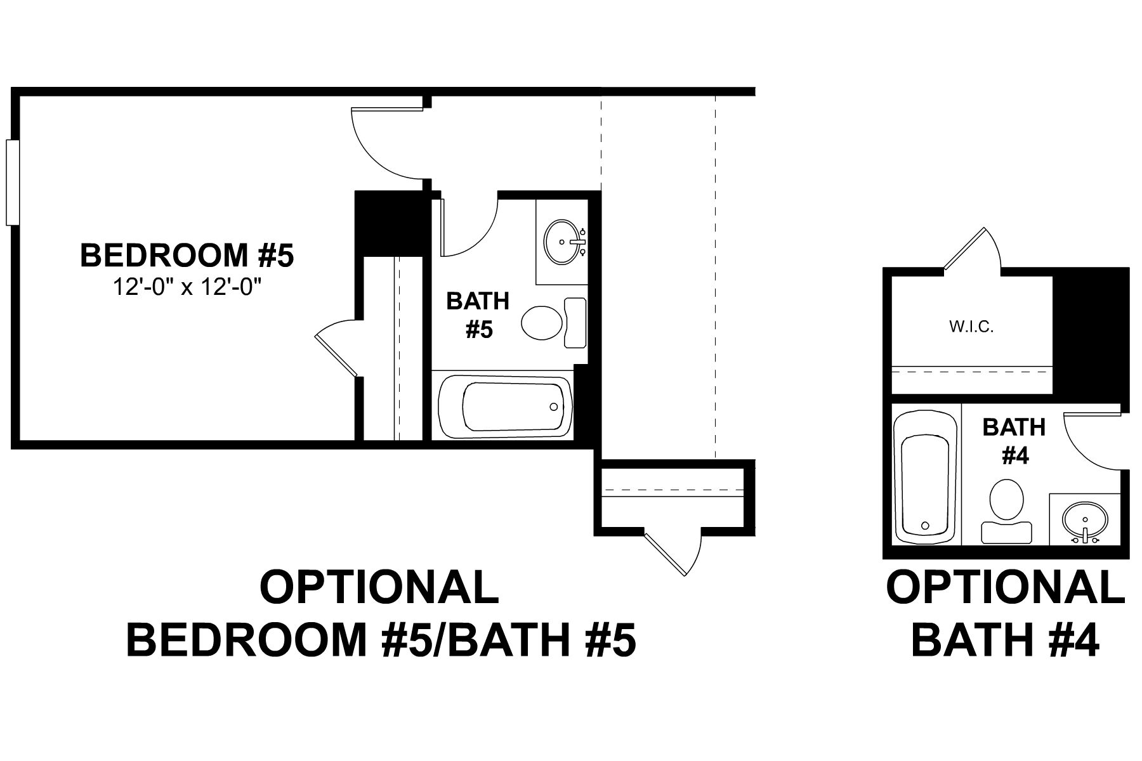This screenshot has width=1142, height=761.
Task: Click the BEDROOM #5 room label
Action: pyautogui.click(x=187, y=256)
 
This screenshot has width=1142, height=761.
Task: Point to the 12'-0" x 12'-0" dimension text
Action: pyautogui.click(x=187, y=287)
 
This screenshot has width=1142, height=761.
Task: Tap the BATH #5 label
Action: pyautogui.click(x=478, y=315)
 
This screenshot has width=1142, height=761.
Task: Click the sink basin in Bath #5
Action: pyautogui.click(x=563, y=242)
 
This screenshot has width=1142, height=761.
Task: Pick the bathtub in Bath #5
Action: pyautogui.click(x=506, y=407)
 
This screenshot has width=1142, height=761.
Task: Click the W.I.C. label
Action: pyautogui.click(x=971, y=328)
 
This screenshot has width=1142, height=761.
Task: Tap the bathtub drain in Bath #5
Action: pyautogui.click(x=554, y=407)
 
